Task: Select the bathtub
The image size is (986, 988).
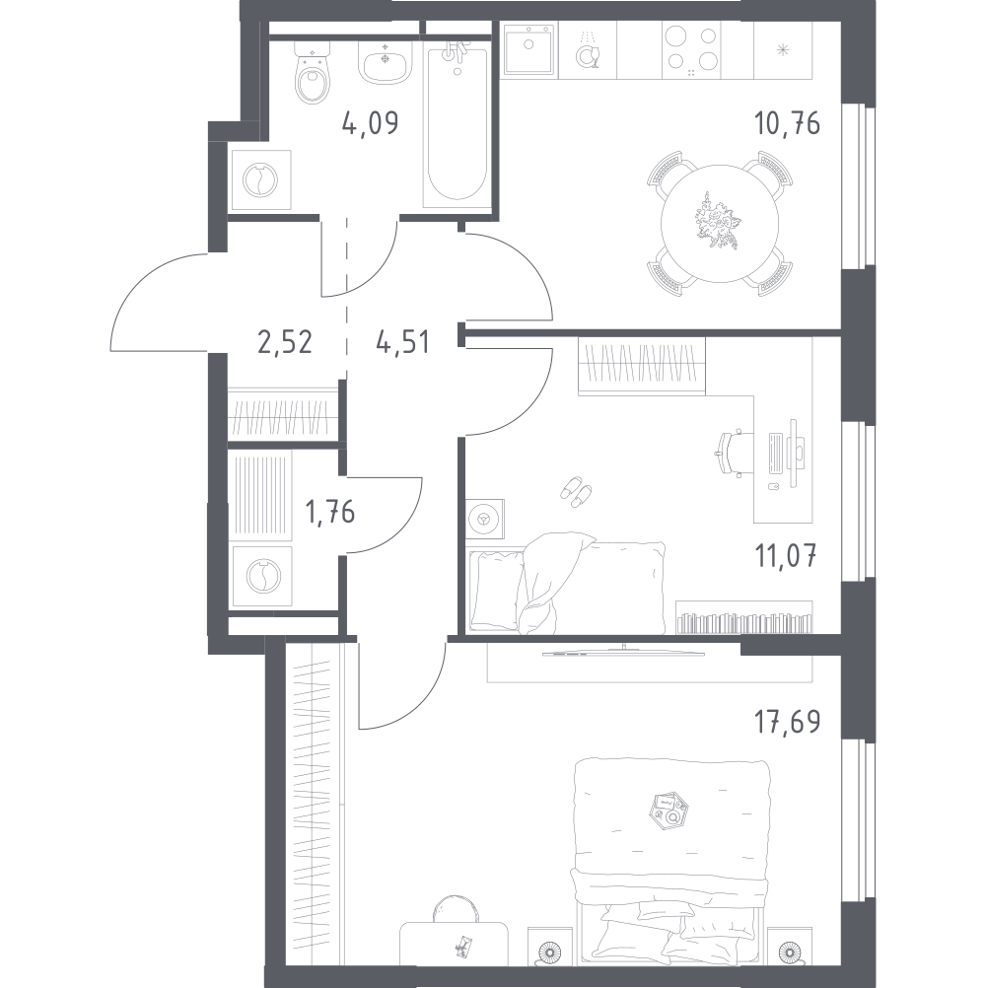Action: click(x=457, y=124)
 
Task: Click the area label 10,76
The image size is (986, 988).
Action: click(x=787, y=123)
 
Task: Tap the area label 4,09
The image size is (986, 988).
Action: click(x=371, y=123)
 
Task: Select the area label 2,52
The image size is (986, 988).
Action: click(x=285, y=342)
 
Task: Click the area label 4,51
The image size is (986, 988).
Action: click(x=402, y=342)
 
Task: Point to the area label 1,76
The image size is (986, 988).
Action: click(x=330, y=512)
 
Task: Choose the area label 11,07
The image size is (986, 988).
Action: click(x=786, y=557)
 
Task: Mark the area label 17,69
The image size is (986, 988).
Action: click(x=788, y=722)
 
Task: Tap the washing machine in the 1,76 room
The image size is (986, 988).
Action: click(x=262, y=576)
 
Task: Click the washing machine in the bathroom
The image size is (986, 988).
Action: click(x=261, y=179)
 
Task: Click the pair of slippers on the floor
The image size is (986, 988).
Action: click(x=576, y=491)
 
